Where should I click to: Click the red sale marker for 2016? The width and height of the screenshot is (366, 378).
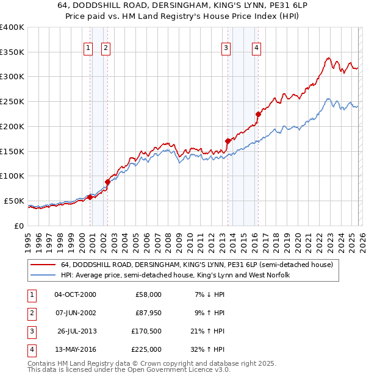258,114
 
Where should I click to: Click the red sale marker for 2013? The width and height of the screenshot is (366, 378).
228,141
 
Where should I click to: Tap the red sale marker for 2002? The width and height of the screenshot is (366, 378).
107,182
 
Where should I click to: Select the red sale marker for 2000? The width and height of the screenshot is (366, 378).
90,196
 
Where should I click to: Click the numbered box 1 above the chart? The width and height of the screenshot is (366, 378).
88,48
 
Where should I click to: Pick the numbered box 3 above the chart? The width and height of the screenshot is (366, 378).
226,48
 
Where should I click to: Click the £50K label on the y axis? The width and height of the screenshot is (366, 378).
14,201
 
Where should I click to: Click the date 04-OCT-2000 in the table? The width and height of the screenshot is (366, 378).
75,294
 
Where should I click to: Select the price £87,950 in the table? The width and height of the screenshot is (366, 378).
148,313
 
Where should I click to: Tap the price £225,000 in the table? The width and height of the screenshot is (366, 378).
148,349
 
